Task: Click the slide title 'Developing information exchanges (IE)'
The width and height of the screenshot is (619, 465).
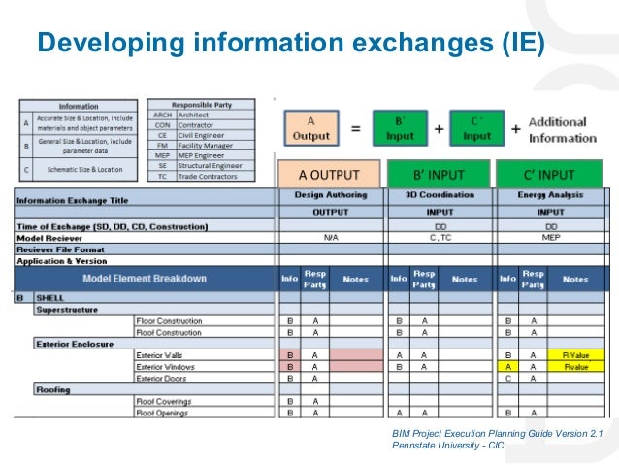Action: pyautogui.click(x=290, y=44)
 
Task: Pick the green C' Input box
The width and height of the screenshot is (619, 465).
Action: pyautogui.click(x=476, y=129)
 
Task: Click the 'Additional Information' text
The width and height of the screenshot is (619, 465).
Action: pyautogui.click(x=563, y=130)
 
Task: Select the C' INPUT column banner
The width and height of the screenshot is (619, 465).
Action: pyautogui.click(x=549, y=176)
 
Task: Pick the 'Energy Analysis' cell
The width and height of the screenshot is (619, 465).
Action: pyautogui.click(x=549, y=195)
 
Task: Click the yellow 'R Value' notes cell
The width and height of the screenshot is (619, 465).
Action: pyautogui.click(x=575, y=356)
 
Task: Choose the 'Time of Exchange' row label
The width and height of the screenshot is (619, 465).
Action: pyautogui.click(x=112, y=226)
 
